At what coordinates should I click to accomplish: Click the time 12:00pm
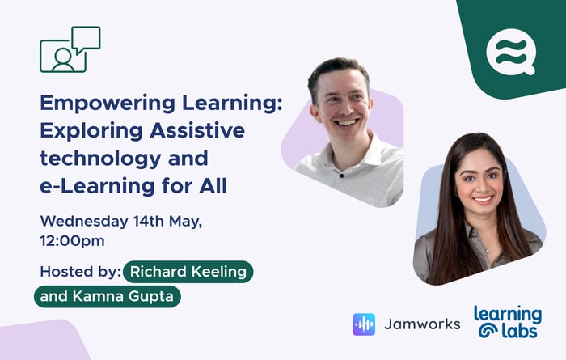tap(72, 240)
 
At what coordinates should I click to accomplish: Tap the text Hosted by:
tap(80, 271)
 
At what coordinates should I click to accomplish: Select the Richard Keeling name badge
tap(189, 272)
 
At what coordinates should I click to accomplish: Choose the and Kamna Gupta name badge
tap(108, 296)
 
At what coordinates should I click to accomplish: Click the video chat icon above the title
tap(70, 49)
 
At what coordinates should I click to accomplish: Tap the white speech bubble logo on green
tap(510, 51)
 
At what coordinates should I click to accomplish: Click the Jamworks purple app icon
tap(365, 324)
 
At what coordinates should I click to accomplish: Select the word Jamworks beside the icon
tap(423, 324)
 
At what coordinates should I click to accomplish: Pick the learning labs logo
tap(508, 321)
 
